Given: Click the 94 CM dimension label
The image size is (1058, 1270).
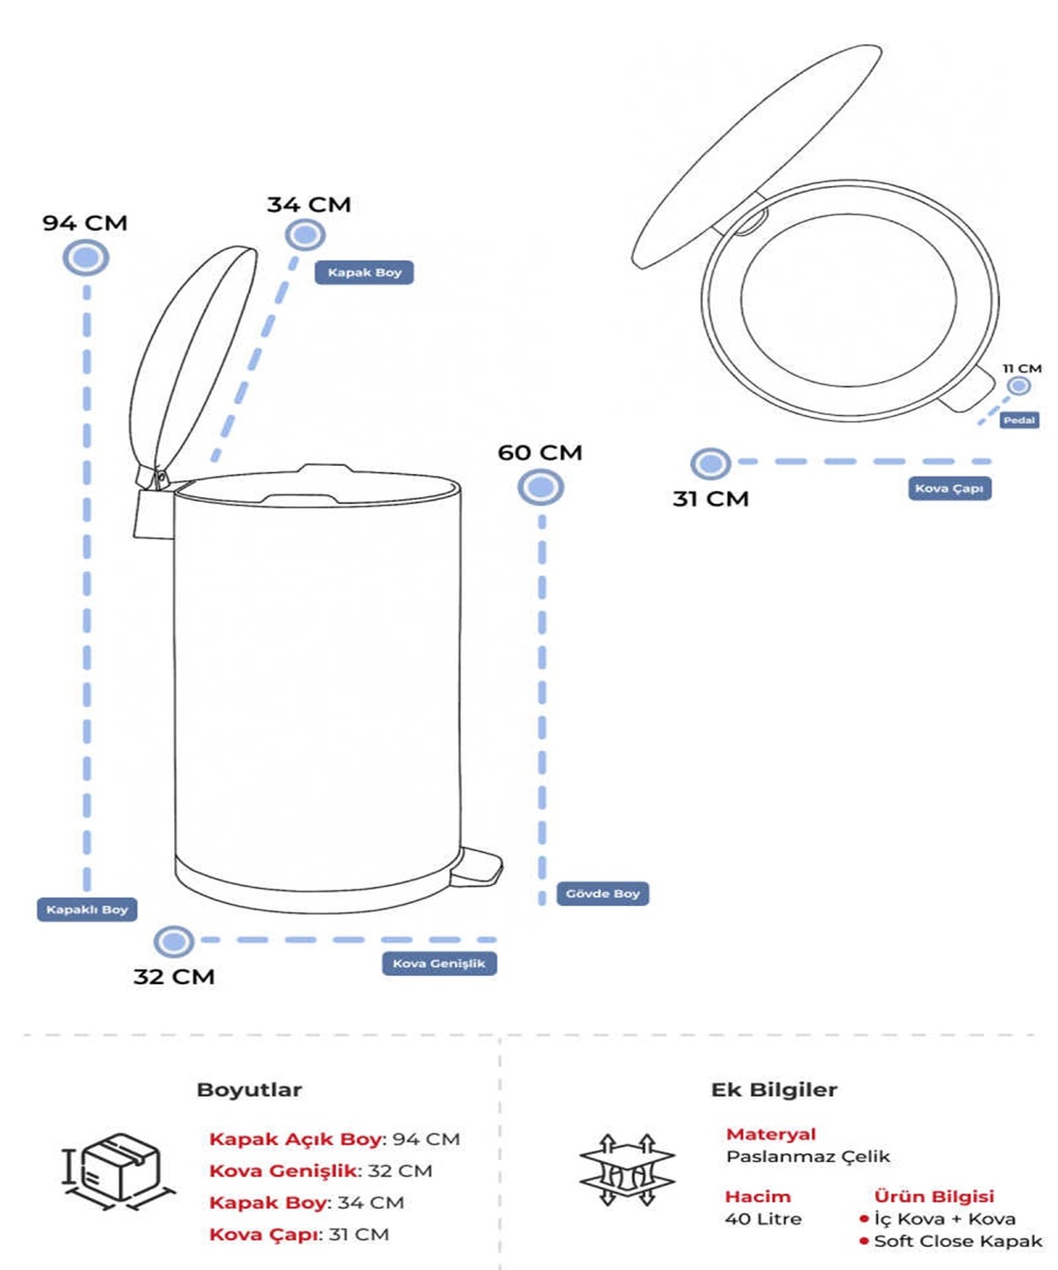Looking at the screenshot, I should pyautogui.click(x=84, y=223).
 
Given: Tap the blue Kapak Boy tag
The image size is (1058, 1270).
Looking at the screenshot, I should pyautogui.click(x=364, y=273).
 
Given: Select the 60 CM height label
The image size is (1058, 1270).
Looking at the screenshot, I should pyautogui.click(x=540, y=453).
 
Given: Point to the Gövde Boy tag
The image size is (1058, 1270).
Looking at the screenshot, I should pyautogui.click(x=602, y=894).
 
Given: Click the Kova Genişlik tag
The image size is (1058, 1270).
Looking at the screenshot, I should pyautogui.click(x=439, y=964).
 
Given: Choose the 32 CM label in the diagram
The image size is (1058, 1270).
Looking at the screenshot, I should pyautogui.click(x=174, y=977).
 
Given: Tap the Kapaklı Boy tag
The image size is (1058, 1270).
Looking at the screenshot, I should pyautogui.click(x=87, y=910).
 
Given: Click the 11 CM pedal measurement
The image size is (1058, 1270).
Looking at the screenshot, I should pyautogui.click(x=1022, y=368).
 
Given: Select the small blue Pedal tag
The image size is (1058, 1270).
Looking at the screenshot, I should pyautogui.click(x=1019, y=420).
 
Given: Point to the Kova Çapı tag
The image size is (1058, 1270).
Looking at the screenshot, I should pyautogui.click(x=949, y=488).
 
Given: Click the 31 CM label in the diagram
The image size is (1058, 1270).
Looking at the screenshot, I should pyautogui.click(x=710, y=499).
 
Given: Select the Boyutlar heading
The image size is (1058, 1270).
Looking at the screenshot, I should pyautogui.click(x=249, y=1090).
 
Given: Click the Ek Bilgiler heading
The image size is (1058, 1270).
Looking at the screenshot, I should pyautogui.click(x=774, y=1090).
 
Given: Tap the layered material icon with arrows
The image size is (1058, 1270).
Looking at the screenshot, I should pyautogui.click(x=627, y=1170).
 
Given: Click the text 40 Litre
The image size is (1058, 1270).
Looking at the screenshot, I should pyautogui.click(x=763, y=1219).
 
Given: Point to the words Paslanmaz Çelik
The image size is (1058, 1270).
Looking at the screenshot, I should pyautogui.click(x=807, y=1157).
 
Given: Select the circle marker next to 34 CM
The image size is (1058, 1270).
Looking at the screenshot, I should pyautogui.click(x=305, y=235).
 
